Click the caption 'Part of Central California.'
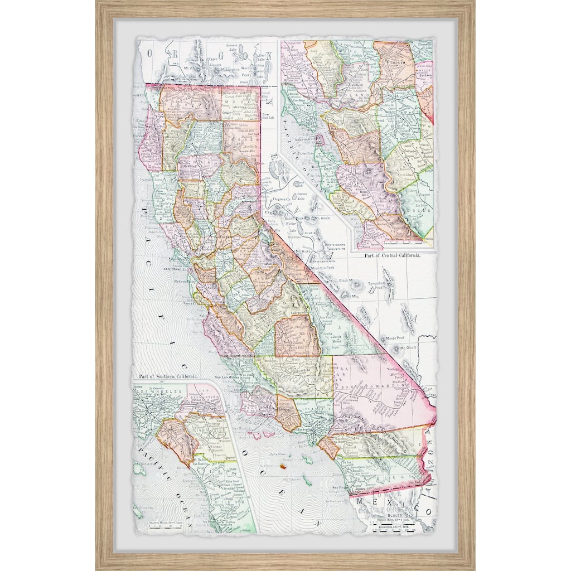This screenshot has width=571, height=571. [x=392, y=255]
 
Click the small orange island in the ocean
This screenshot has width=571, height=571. [x=283, y=466]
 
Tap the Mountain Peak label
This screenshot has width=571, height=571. [x=327, y=268]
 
